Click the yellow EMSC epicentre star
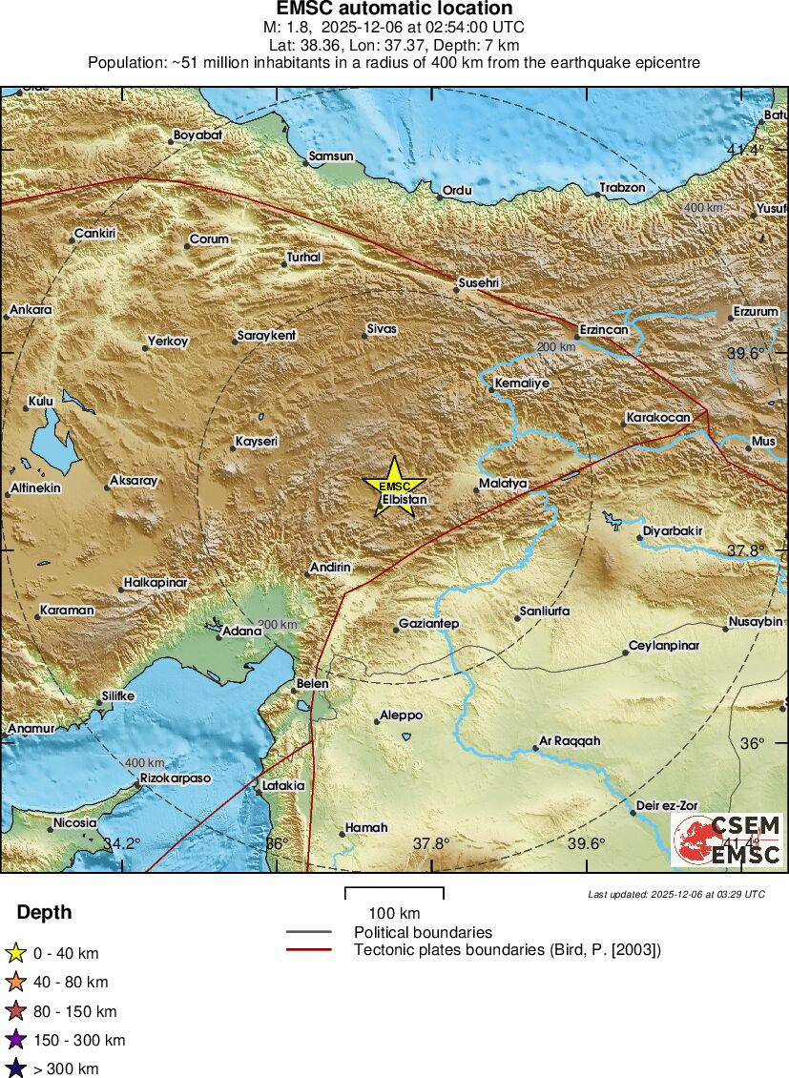coord(394,487)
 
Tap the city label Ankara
coord(31,309)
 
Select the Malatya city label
coord(503,484)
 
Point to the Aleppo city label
coord(401,715)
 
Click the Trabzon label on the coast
coord(622,188)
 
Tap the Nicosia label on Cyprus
coord(74,822)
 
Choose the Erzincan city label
coord(604,329)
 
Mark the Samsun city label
coord(331,156)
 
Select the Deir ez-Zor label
coord(665,805)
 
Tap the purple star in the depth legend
coord(15,1040)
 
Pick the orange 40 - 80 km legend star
coord(15,982)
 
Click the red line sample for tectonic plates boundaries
coord(308,949)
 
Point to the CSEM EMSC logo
coord(727,840)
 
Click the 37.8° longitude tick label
coord(431,843)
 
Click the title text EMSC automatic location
coord(394,10)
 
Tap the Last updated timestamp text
coord(676,894)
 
